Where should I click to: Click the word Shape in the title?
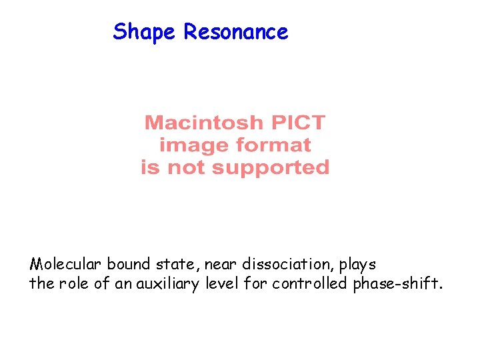[x=145, y=32]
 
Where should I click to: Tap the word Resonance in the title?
[x=236, y=32]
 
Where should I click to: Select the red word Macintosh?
[x=204, y=123]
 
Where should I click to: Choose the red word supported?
[x=276, y=167]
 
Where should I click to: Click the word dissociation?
[x=286, y=265]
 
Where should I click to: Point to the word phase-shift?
[x=395, y=284]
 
